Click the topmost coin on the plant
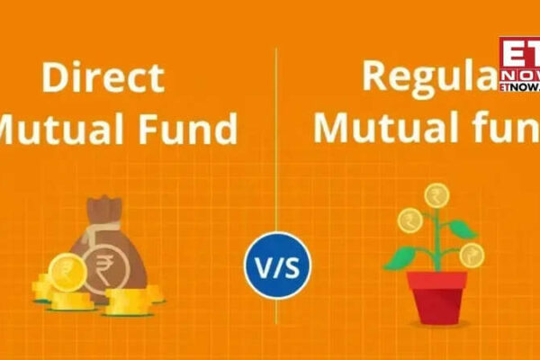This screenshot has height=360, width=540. [x=437, y=194]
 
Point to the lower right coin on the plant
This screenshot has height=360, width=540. [x=471, y=256]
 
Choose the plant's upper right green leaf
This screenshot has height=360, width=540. [x=463, y=229]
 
